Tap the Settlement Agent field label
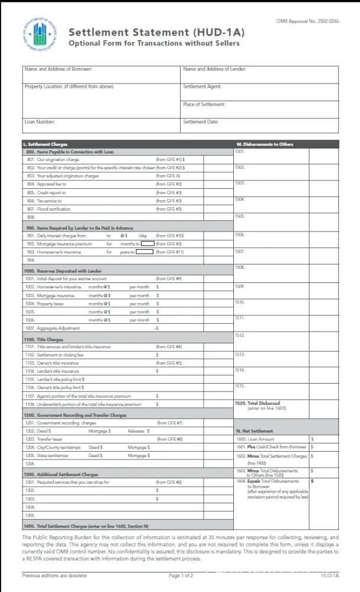click(202, 86)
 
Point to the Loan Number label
click(40, 122)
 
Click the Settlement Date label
click(201, 122)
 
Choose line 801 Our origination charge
click(58, 159)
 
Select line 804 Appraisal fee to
click(52, 184)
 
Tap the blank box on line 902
click(147, 243)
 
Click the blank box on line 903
click(144, 252)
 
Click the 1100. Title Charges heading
click(43, 340)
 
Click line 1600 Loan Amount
click(261, 439)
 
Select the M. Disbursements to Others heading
click(265, 144)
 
